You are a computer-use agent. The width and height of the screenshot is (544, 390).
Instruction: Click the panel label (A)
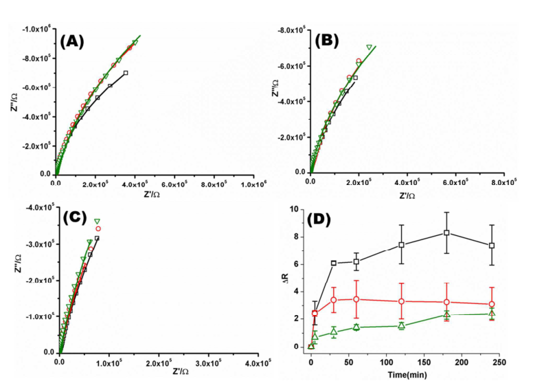pos(72,41)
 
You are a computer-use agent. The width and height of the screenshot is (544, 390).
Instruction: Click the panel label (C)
pos(75,218)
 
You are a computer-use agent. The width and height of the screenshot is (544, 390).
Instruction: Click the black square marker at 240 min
pos(492,246)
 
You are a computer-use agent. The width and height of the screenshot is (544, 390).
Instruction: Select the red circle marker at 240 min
pos(492,304)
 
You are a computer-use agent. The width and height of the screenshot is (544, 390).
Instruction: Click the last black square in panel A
pos(126,72)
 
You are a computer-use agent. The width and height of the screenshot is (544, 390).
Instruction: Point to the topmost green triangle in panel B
pos(369,47)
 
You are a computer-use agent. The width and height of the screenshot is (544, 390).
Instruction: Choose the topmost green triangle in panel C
pos(97,220)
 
